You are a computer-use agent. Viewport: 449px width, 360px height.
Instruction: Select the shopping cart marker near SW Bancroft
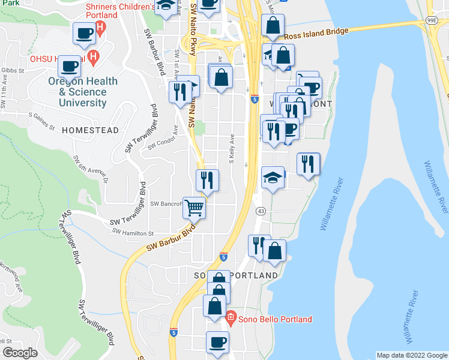click(x=194, y=209)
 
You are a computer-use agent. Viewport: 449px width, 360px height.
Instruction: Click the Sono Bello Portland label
click(x=274, y=319)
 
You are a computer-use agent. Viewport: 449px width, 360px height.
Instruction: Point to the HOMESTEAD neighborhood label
click(x=86, y=130)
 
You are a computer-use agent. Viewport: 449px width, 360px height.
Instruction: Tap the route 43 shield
click(x=261, y=211)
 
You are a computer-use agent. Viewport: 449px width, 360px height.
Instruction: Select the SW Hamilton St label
click(x=133, y=233)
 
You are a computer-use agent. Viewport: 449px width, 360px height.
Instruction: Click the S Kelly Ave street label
click(x=231, y=152)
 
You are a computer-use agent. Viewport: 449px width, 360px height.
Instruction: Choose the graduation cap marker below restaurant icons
click(x=273, y=178)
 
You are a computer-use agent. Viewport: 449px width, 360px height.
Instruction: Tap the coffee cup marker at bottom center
click(x=217, y=343)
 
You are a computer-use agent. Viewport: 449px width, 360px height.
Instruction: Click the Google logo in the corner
click(x=20, y=353)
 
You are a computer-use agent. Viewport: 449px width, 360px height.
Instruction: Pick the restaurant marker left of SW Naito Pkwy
click(x=181, y=92)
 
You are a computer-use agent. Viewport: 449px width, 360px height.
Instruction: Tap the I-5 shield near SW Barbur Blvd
click(x=223, y=256)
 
